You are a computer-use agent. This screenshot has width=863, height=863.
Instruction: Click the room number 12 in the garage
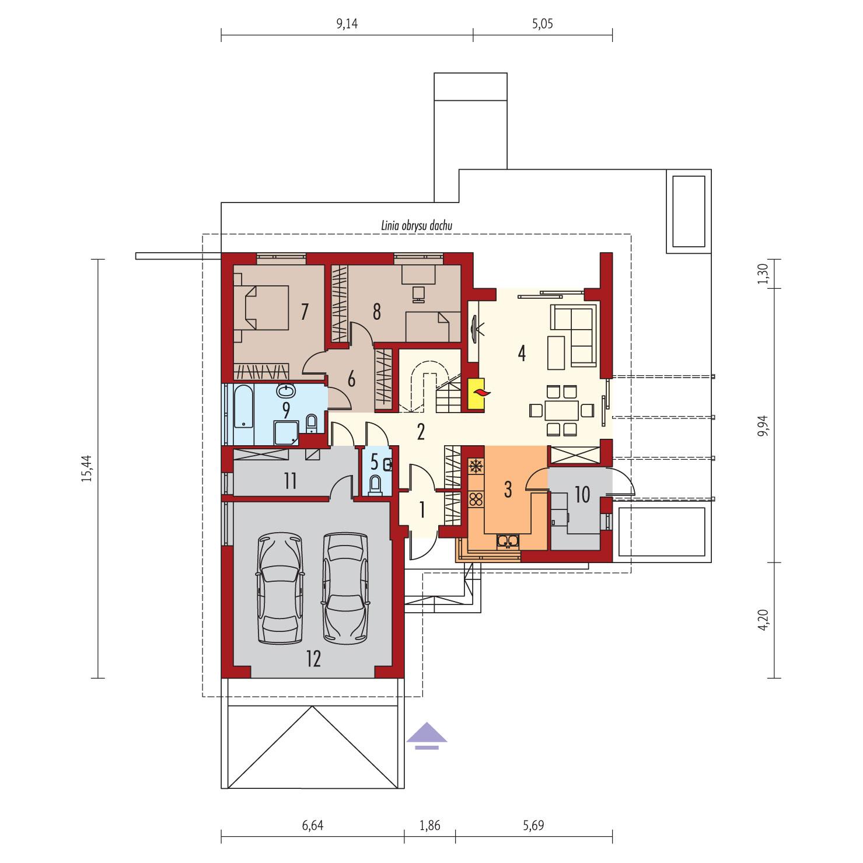(313, 659)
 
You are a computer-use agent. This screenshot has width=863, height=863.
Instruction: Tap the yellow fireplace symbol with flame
(477, 395)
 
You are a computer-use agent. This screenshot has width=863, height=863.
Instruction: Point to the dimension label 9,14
(347, 24)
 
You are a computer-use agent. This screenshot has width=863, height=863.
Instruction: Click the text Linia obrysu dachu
(415, 225)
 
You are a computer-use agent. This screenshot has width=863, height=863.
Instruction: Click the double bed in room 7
(262, 306)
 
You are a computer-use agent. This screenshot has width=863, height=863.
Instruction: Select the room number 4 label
(522, 352)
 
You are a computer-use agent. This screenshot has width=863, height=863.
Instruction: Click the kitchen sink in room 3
(508, 541)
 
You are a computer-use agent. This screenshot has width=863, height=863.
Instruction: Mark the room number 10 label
(582, 495)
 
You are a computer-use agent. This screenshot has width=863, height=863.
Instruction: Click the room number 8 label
(376, 313)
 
